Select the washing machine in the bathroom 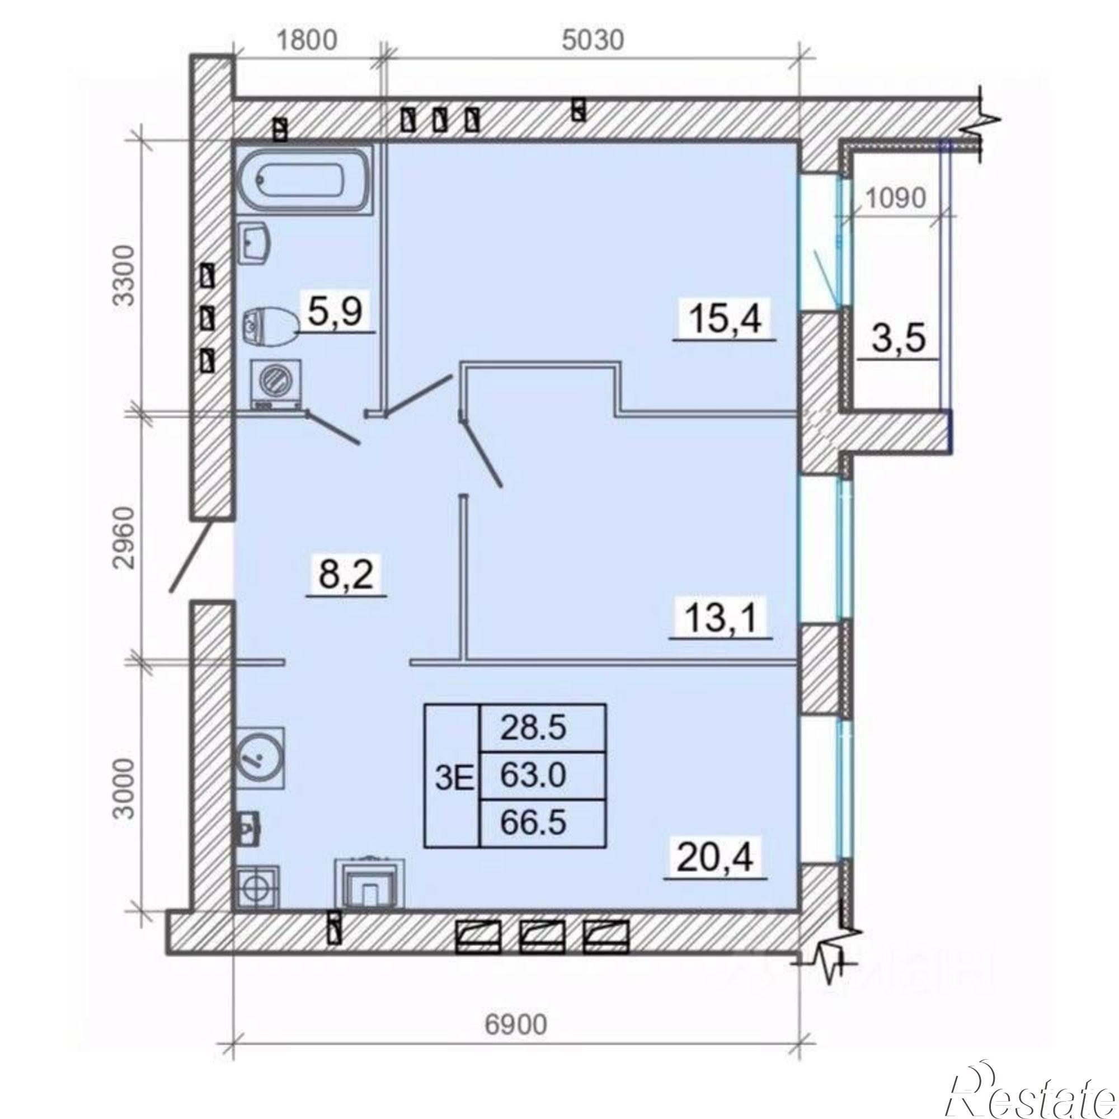coord(276,383)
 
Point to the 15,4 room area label coord(724,319)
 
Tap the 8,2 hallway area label coord(346,576)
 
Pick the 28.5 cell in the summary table coord(533,728)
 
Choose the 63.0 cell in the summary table coord(533,775)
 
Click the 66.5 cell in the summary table coord(533,823)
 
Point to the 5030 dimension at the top coord(593,40)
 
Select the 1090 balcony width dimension coord(895,199)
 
